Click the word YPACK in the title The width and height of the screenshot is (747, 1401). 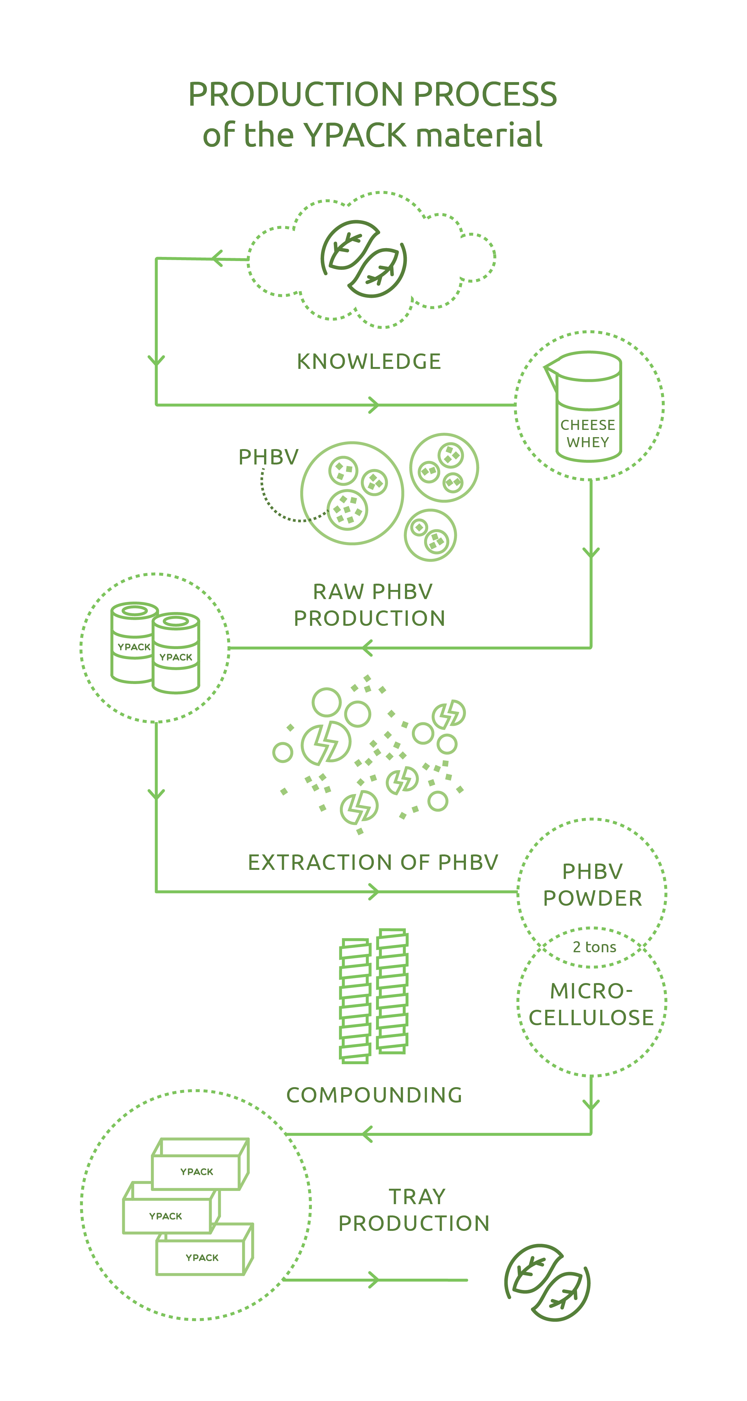pyautogui.click(x=354, y=135)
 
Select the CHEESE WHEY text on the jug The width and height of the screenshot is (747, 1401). pyautogui.click(x=588, y=433)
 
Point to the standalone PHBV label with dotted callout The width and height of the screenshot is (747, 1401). pyautogui.click(x=268, y=457)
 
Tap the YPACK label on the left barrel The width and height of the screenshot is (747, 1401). pyautogui.click(x=134, y=647)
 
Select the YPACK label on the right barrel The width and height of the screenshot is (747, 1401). pyautogui.click(x=176, y=657)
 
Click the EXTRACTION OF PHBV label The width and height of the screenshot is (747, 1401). pyautogui.click(x=373, y=862)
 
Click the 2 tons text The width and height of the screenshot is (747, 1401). pyautogui.click(x=594, y=947)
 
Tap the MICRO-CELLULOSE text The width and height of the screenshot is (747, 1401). pyautogui.click(x=591, y=1004)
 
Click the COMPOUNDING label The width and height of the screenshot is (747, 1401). pyautogui.click(x=374, y=1095)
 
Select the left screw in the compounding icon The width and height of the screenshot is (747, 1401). pyautogui.click(x=355, y=1001)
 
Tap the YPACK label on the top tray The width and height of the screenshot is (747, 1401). pyautogui.click(x=197, y=1171)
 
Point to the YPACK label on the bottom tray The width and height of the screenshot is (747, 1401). pyautogui.click(x=202, y=1257)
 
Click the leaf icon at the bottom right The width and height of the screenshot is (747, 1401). pyautogui.click(x=547, y=1282)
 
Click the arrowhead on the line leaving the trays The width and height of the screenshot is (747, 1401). pyautogui.click(x=373, y=1280)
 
